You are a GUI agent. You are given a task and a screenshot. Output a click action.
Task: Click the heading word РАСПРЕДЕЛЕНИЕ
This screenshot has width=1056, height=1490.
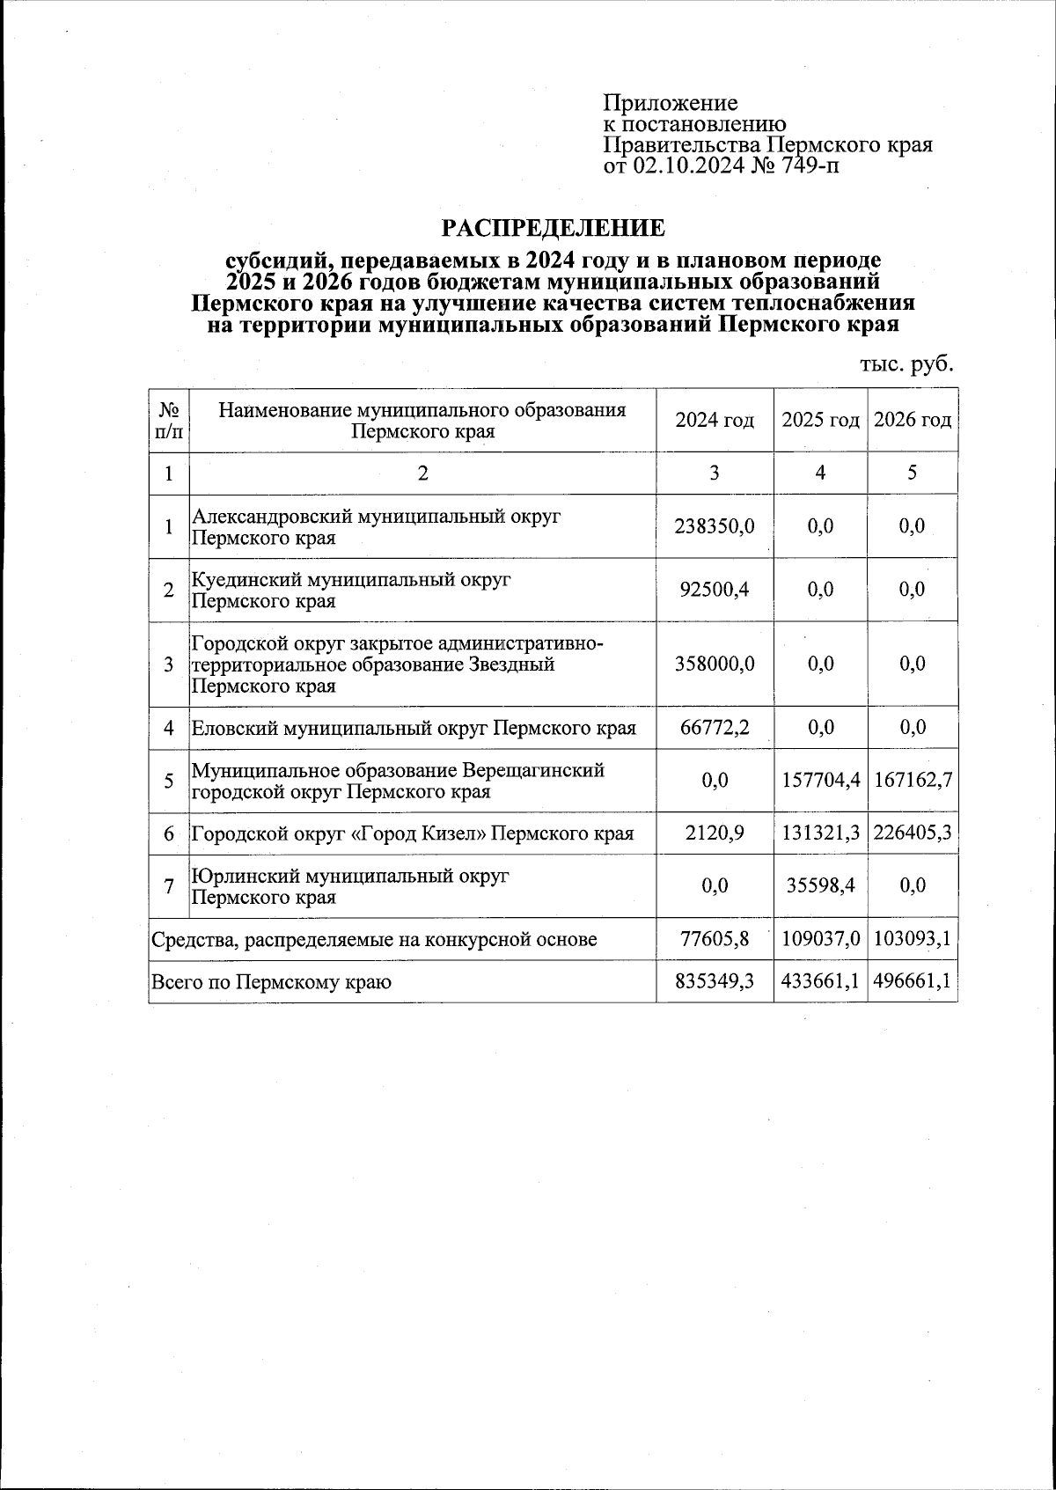(553, 229)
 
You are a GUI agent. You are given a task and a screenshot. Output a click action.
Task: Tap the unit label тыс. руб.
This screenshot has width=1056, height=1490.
(906, 363)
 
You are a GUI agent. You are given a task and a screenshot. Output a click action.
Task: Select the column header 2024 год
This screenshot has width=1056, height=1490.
(715, 421)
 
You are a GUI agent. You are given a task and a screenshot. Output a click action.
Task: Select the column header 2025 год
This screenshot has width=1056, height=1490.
(820, 421)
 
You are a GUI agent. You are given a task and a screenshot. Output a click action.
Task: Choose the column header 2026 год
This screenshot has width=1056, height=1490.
(913, 421)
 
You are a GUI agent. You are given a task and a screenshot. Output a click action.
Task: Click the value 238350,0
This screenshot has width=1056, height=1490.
(715, 526)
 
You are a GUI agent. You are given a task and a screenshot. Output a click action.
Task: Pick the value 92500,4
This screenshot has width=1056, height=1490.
(715, 590)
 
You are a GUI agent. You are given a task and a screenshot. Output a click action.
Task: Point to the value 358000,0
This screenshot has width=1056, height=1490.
(715, 664)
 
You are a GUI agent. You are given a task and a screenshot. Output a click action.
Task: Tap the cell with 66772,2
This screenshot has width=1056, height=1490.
(715, 728)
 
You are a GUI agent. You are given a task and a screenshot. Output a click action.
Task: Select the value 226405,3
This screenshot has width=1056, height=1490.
(913, 833)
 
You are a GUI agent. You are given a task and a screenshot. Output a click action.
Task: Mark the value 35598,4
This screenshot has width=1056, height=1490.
(820, 886)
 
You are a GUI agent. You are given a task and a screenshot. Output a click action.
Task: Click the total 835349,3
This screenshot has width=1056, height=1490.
(715, 981)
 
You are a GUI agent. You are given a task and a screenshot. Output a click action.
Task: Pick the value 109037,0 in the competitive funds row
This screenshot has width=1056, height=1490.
(820, 939)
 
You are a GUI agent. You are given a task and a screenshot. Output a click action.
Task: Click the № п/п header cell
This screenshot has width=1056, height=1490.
(169, 421)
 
